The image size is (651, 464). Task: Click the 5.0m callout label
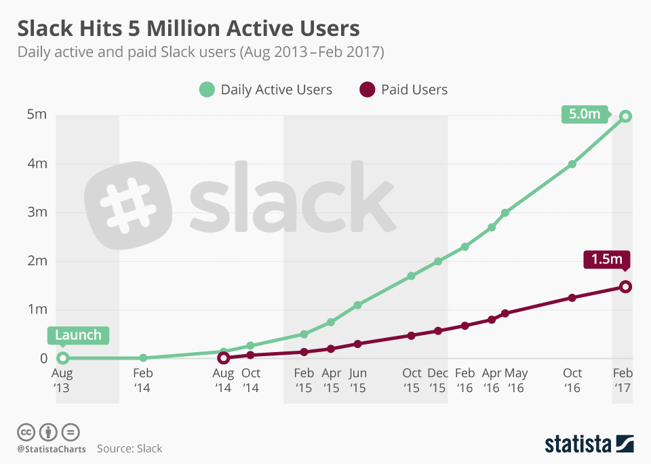(585, 114)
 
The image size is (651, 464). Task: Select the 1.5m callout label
(606, 260)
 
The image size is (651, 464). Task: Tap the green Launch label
(77, 335)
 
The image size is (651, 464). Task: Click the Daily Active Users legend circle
(207, 90)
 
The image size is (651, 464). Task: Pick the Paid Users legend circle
(368, 90)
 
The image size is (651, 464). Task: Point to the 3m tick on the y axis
(37, 212)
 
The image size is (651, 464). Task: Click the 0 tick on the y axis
(42, 358)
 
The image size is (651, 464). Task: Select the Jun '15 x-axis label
(357, 381)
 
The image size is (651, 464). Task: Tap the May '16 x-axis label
(515, 381)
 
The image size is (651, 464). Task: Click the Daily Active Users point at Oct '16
(572, 164)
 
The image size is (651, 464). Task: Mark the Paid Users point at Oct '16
(572, 298)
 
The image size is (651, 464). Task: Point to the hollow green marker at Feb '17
(625, 116)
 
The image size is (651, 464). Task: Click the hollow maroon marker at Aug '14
(223, 357)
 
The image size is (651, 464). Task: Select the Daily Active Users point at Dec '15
(438, 261)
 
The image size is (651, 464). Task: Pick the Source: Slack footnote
(130, 448)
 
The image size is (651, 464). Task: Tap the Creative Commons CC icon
(26, 432)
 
